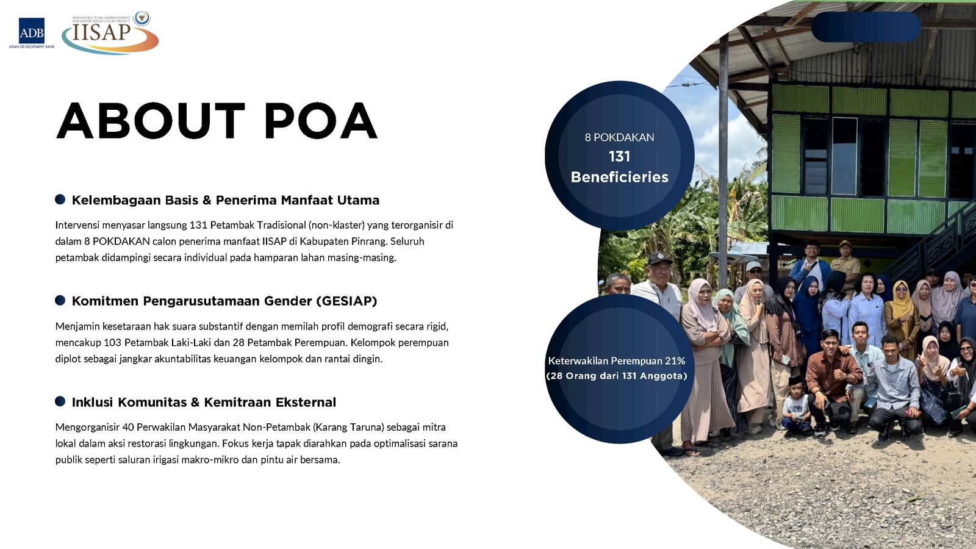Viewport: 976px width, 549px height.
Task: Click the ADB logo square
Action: [x=31, y=30]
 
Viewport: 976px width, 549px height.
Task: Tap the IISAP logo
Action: [x=110, y=33]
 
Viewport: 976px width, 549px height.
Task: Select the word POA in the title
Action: [x=321, y=121]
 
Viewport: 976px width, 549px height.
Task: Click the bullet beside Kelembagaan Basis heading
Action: [x=60, y=199]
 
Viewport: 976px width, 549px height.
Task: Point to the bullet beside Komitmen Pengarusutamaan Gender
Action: [x=60, y=300]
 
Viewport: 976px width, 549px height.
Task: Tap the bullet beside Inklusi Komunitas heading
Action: [x=60, y=401]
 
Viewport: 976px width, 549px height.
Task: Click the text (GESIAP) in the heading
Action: [x=347, y=301]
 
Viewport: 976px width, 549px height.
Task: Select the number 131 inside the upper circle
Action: [x=619, y=156]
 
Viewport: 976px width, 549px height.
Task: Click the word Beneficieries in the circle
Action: [x=620, y=177]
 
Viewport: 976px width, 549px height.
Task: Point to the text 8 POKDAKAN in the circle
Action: [x=619, y=137]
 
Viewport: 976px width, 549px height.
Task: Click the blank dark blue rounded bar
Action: [x=866, y=27]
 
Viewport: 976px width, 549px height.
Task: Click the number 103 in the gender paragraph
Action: [x=112, y=342]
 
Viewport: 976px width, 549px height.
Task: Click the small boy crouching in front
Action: [x=796, y=405]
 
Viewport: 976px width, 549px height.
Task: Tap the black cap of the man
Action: [x=659, y=259]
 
